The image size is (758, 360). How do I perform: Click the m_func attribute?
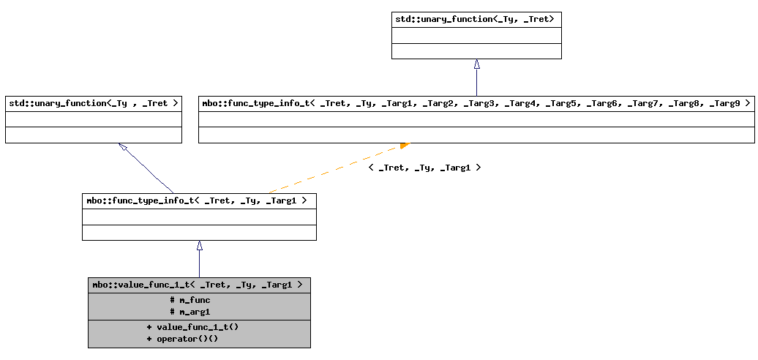[x=190, y=300]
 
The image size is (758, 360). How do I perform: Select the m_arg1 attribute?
[x=190, y=312]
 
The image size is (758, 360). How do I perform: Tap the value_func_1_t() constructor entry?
[x=193, y=327]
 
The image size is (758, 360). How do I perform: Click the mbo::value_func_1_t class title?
[x=198, y=285]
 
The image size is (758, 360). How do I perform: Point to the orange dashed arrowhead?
[x=405, y=146]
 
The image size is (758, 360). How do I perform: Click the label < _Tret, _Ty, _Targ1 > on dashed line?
[x=424, y=168]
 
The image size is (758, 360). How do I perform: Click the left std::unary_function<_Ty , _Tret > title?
[x=94, y=104]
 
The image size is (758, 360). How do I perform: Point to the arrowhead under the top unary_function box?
[x=476, y=64]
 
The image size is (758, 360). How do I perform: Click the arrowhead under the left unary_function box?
[x=124, y=147]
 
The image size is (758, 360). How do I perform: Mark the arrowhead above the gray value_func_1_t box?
[x=199, y=246]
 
